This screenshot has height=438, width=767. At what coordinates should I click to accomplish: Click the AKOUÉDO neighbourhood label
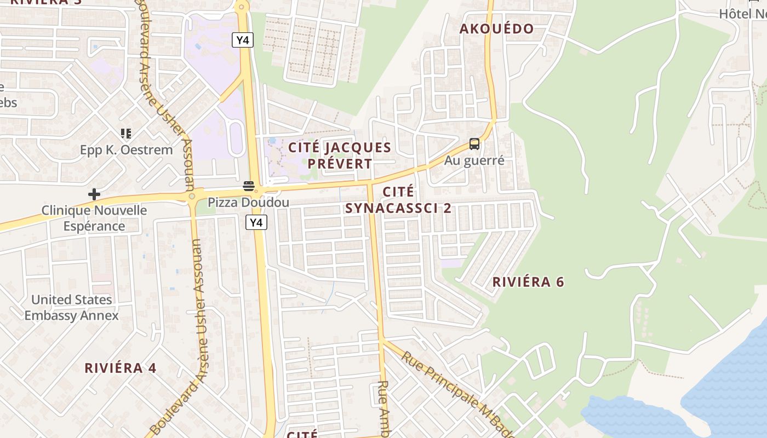tap(496, 29)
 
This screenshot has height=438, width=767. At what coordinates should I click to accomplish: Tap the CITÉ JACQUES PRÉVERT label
tap(340, 155)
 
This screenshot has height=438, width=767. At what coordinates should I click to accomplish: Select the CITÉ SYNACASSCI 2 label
tap(399, 200)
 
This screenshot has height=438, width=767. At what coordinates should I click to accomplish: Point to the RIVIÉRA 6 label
tap(528, 282)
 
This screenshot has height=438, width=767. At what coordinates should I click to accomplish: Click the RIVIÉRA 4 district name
tap(121, 368)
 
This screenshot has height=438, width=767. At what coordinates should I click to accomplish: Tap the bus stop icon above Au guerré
tap(474, 145)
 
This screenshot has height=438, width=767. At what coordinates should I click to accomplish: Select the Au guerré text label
tap(474, 160)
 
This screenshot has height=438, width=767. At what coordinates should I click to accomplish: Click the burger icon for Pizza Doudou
tap(249, 186)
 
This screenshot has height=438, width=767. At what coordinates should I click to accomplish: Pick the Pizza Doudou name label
tap(248, 203)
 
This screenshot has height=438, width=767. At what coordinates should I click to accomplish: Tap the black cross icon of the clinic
tap(94, 194)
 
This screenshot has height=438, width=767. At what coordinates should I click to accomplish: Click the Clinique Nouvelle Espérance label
tap(94, 218)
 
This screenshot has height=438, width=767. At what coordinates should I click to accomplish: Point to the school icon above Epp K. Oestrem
tap(126, 134)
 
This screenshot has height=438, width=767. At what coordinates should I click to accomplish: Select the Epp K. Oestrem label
tap(126, 150)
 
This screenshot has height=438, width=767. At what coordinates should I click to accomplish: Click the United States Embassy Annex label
tap(71, 307)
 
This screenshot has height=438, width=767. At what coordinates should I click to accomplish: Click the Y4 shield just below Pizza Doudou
tap(256, 222)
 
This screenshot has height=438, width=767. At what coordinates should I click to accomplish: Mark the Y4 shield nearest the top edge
tap(242, 40)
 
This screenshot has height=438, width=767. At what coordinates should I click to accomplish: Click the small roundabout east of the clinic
tap(192, 196)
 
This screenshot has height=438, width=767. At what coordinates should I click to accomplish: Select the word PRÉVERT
tap(340, 163)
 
